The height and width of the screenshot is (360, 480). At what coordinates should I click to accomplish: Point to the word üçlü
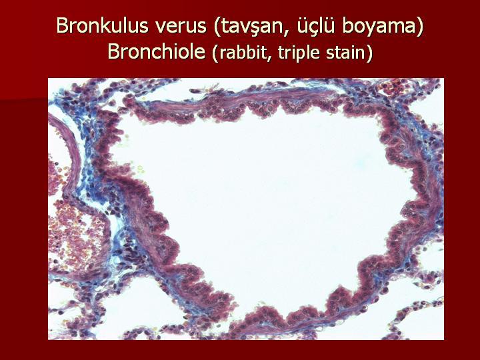315,26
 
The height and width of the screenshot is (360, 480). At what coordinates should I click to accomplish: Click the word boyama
379,27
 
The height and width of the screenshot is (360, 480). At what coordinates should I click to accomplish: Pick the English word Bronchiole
157,51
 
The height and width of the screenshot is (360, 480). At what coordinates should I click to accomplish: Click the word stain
345,53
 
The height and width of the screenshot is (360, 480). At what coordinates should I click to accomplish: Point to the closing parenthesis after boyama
419,27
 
